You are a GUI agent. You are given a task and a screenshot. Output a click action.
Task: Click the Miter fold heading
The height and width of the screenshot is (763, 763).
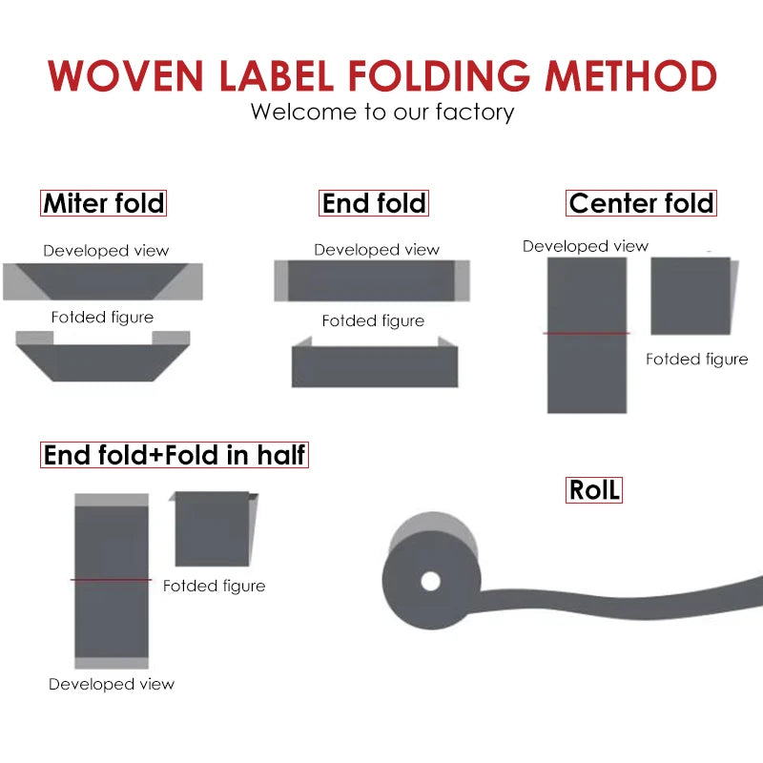click(x=104, y=203)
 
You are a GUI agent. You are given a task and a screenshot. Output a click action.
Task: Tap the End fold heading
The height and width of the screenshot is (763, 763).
click(x=375, y=203)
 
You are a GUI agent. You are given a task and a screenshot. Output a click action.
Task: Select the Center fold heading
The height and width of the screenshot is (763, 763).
click(x=641, y=203)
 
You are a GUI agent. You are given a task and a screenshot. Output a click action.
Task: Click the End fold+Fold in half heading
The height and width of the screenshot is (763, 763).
click(x=175, y=455)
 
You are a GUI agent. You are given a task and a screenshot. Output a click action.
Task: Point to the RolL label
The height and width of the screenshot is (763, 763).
click(x=594, y=490)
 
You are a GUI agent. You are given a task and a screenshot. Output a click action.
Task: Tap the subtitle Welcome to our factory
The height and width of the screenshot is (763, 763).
click(x=382, y=112)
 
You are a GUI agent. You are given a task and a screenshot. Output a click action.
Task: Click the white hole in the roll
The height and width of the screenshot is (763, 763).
click(x=430, y=581)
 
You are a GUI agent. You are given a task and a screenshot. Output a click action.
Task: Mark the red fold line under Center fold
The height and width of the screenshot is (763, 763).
click(x=587, y=333)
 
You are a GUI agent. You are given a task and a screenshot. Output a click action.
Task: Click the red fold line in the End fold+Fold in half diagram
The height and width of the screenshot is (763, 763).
click(x=111, y=579)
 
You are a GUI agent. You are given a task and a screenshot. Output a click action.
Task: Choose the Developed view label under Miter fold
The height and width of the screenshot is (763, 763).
click(x=106, y=251)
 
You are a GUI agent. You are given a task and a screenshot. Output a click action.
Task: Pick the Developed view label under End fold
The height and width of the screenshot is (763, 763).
click(x=377, y=250)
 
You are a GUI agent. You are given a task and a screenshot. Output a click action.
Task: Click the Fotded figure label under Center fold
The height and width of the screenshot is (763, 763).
click(x=696, y=360)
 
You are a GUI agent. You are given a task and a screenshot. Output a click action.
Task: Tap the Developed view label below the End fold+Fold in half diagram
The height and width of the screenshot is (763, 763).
click(x=112, y=684)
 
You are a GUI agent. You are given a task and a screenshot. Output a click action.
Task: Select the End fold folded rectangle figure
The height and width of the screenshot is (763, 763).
click(x=374, y=366)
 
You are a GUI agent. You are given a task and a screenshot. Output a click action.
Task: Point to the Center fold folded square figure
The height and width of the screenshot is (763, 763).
click(x=691, y=296)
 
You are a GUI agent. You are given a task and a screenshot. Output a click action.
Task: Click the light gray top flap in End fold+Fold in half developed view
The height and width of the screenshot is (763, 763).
click(x=112, y=500)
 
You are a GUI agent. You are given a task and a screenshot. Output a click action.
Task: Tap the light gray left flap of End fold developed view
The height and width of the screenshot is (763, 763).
click(x=281, y=280)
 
